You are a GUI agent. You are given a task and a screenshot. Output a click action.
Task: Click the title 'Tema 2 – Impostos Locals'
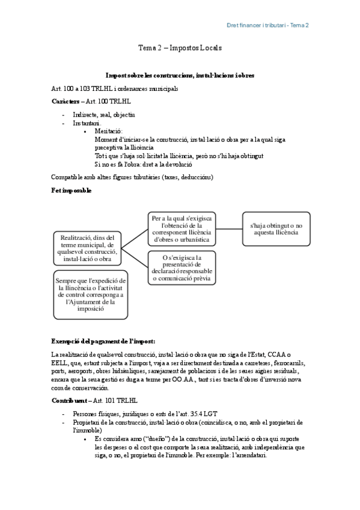180,48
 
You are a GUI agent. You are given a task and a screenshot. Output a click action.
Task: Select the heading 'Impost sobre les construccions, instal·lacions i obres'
180,76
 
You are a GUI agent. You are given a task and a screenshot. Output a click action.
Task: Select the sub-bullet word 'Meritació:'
109,131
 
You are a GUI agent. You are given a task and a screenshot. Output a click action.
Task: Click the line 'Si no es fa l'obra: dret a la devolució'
143,164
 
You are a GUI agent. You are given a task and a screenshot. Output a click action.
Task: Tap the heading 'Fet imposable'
72,191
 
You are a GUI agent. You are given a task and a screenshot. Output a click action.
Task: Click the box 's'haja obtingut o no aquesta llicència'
276,229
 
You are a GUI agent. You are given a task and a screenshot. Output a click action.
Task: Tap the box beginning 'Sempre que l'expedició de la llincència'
90,294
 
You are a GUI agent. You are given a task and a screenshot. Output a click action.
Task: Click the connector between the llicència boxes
229,229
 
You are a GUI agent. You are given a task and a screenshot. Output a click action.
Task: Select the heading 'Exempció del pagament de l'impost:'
103,341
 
